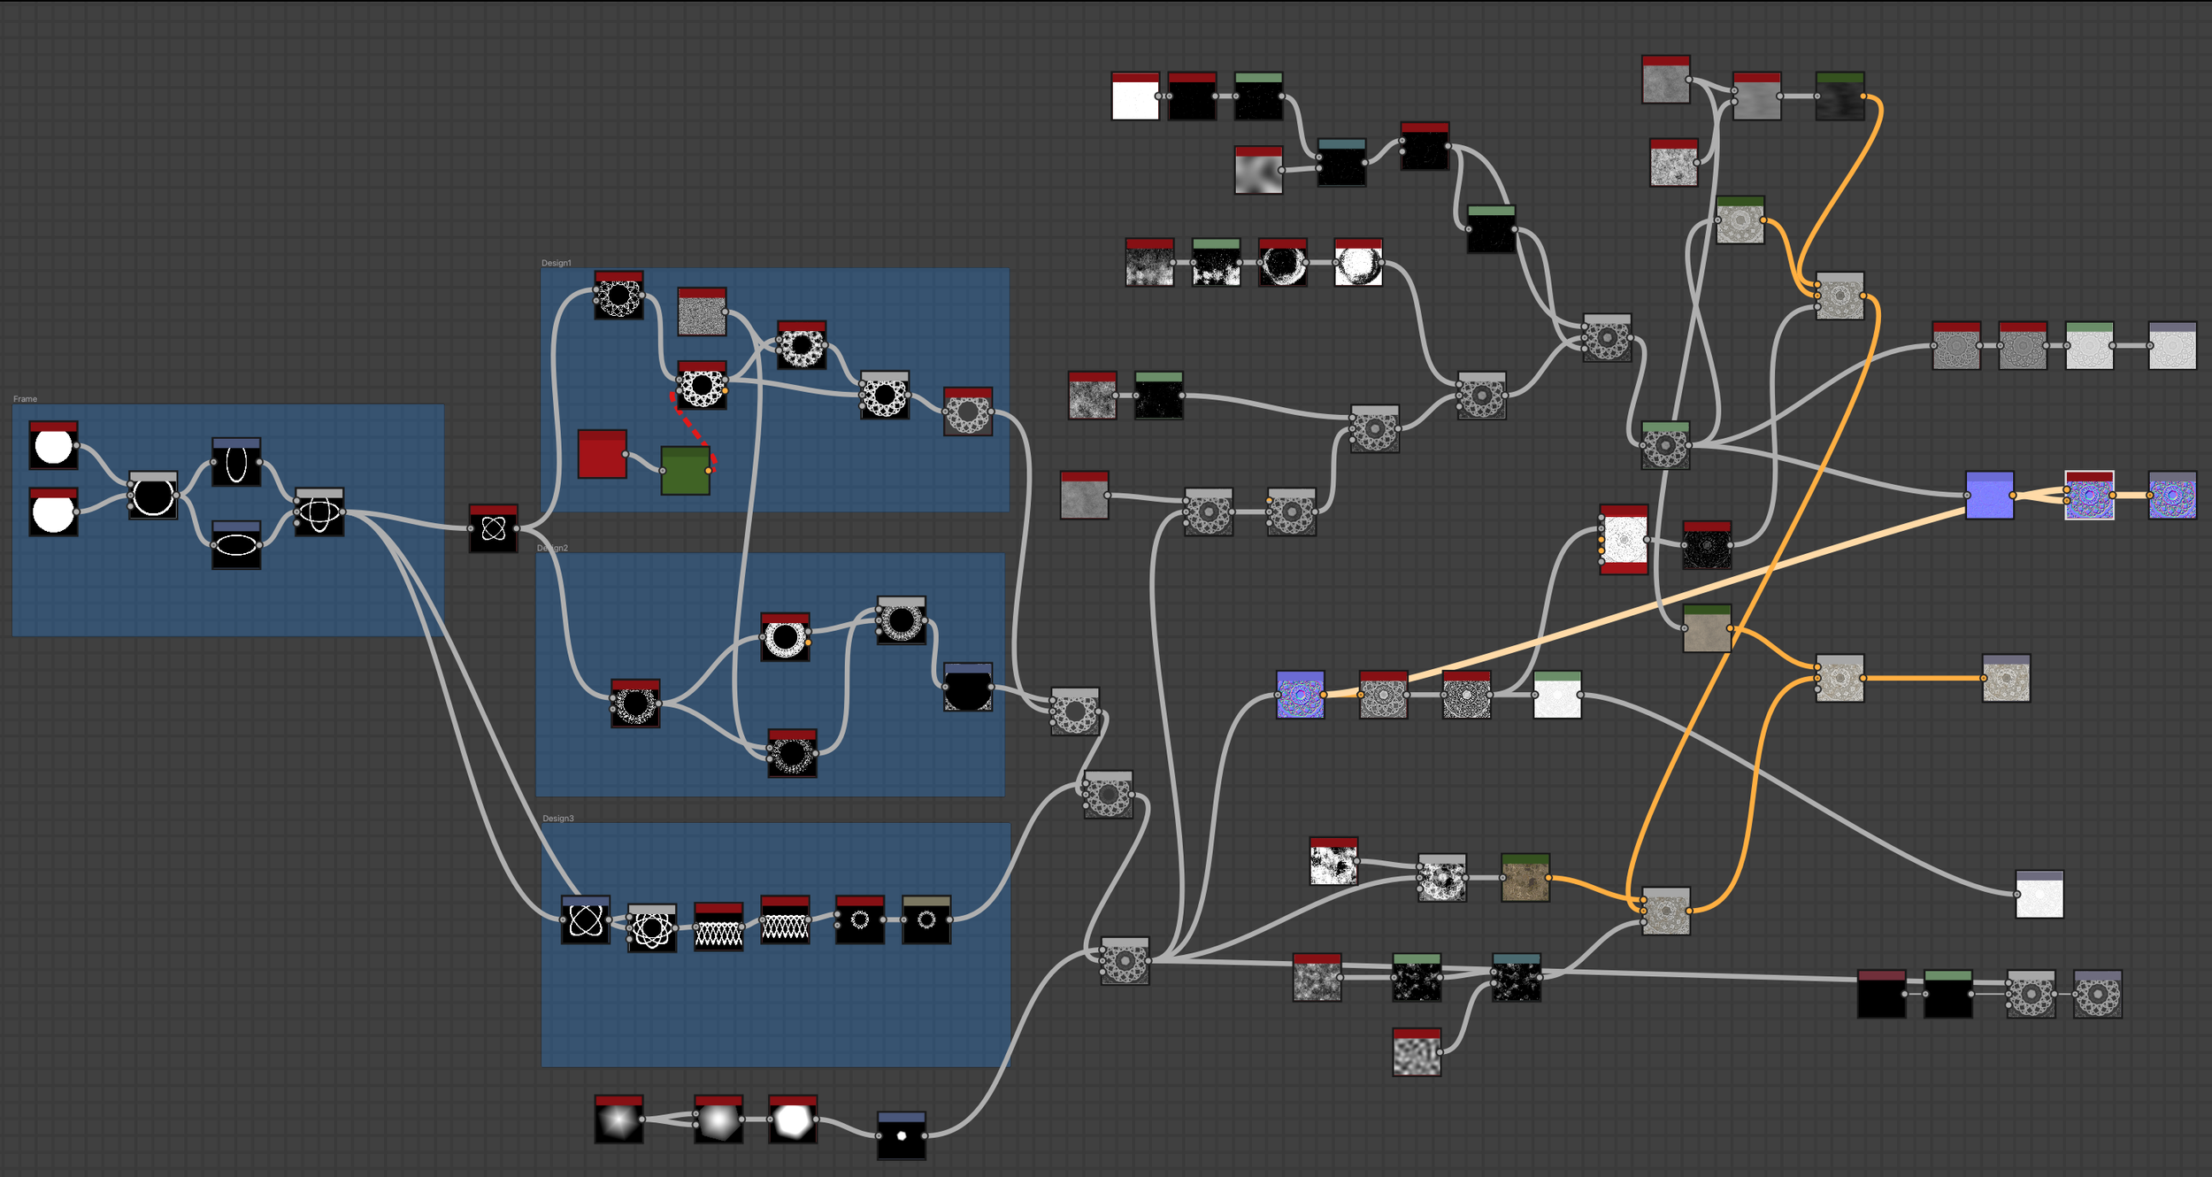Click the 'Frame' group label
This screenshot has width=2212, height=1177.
tap(25, 399)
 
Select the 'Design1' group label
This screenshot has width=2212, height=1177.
tap(557, 263)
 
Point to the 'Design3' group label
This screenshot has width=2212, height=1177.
tap(558, 819)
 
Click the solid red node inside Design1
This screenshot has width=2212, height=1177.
tap(602, 455)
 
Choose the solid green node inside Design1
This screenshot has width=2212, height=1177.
tap(685, 471)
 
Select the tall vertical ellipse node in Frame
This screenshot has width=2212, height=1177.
tap(236, 463)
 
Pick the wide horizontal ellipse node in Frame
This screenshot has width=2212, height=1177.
tap(236, 545)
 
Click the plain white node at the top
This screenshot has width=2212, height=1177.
tap(1134, 96)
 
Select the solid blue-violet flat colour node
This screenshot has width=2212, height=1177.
tap(1989, 496)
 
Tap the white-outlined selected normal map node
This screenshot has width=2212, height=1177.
tap(2089, 496)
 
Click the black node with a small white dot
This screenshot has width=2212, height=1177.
tap(902, 1136)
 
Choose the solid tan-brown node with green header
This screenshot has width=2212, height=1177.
tap(1707, 629)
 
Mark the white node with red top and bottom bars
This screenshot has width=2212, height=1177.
tap(1624, 540)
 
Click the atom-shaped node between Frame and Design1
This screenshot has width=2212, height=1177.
tap(493, 529)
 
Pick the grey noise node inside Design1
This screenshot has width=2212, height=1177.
tap(702, 312)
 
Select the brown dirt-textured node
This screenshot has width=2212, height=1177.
tap(1525, 878)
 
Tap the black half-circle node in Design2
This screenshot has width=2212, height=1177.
tap(967, 688)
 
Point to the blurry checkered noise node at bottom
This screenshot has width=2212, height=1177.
tap(1417, 1053)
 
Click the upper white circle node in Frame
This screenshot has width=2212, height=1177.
tap(53, 446)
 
